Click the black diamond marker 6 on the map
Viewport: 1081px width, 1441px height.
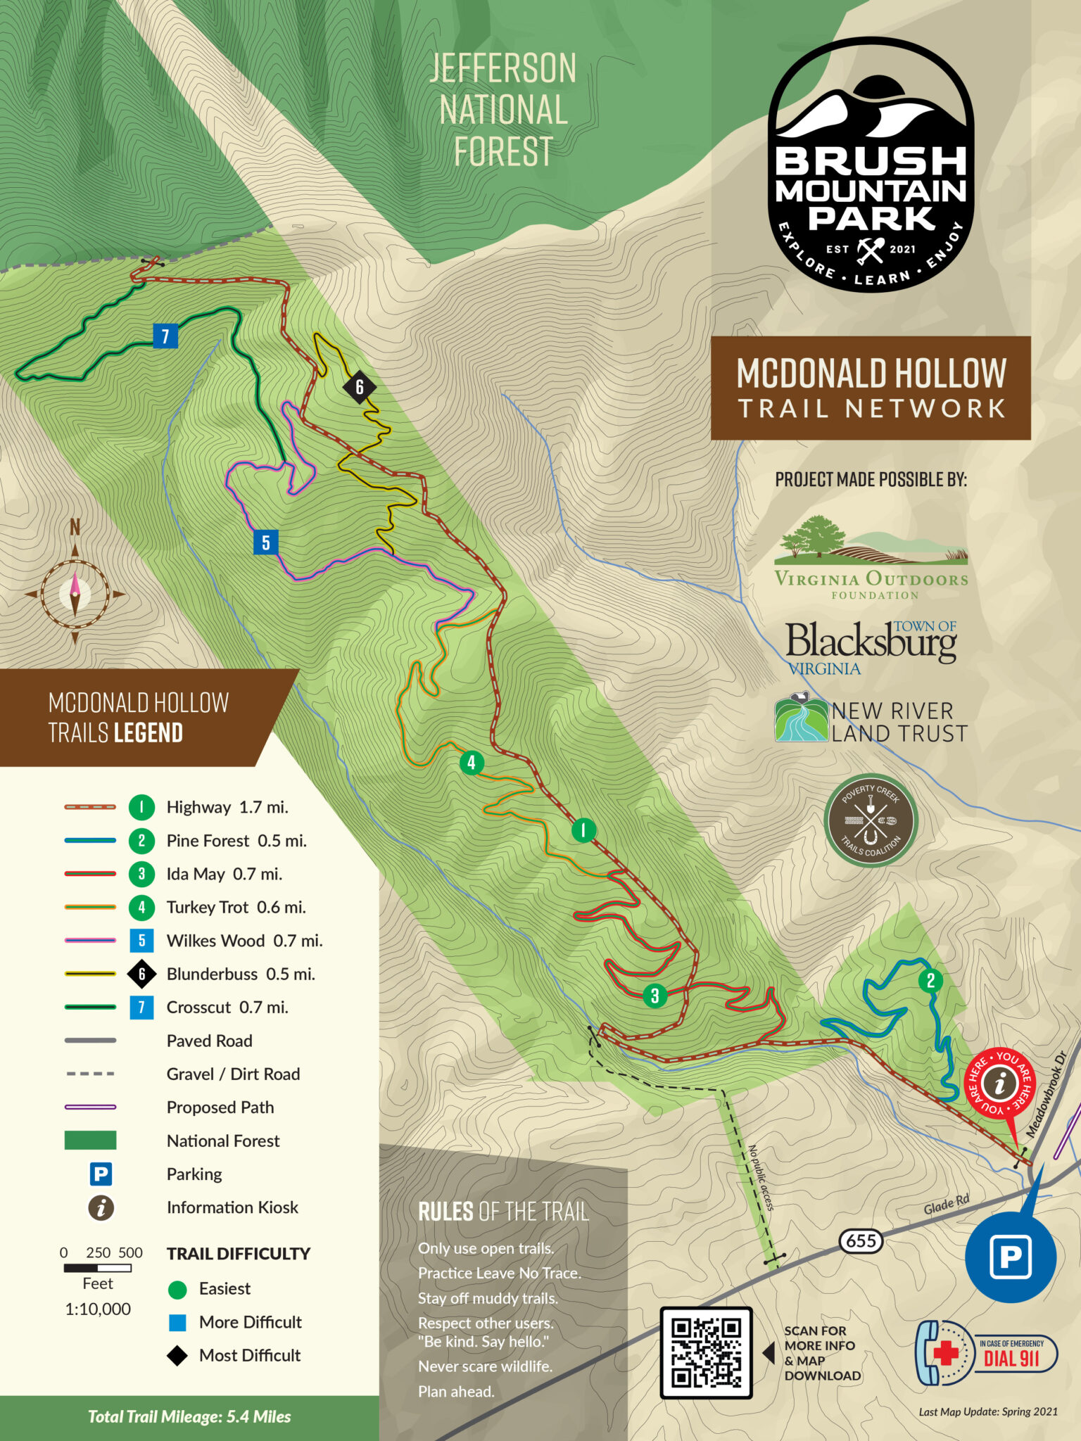tap(359, 387)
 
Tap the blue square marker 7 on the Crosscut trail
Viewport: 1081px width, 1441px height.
tap(165, 336)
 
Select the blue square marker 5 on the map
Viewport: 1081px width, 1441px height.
tap(265, 542)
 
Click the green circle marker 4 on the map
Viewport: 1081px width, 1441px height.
tap(471, 762)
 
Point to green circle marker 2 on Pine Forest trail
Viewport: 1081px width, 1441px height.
tap(930, 981)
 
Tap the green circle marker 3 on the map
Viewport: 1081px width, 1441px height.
tap(655, 996)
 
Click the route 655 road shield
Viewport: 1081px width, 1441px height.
tap(861, 1240)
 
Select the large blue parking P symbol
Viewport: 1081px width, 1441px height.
tap(1010, 1256)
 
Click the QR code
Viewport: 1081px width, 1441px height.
tap(706, 1352)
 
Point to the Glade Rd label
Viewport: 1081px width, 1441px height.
tap(946, 1205)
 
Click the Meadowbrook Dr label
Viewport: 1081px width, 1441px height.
tap(1047, 1095)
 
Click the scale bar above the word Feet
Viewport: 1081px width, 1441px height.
tap(98, 1268)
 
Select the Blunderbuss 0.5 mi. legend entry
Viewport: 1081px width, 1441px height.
tap(241, 974)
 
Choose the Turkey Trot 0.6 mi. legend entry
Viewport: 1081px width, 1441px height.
tap(236, 907)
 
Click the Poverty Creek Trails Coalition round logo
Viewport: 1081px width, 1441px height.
tap(871, 820)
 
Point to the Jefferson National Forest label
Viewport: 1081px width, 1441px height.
tap(502, 110)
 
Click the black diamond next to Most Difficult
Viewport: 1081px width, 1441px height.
tap(177, 1355)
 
